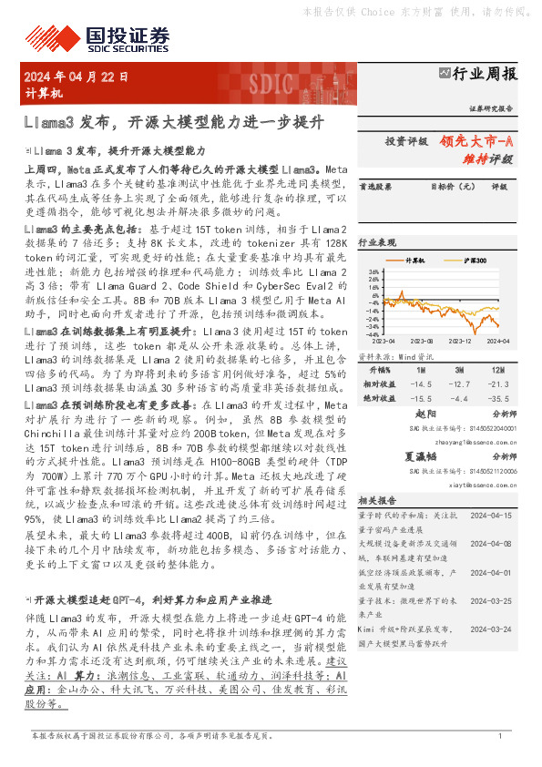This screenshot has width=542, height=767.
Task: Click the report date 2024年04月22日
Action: point(77,77)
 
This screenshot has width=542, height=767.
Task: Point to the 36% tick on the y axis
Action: point(373,272)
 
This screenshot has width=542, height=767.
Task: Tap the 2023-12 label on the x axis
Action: point(459,342)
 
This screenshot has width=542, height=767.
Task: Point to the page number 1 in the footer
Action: point(499,735)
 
